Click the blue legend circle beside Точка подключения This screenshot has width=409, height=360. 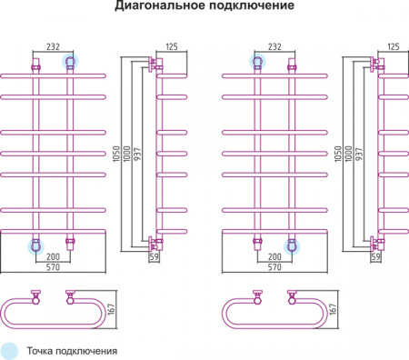pyautogui.click(x=10, y=350)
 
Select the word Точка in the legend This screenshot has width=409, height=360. pyautogui.click(x=44, y=350)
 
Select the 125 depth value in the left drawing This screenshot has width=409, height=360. pyautogui.click(x=171, y=46)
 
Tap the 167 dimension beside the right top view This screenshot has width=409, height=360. pyautogui.click(x=334, y=310)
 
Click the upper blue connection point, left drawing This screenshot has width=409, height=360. pyautogui.click(x=70, y=62)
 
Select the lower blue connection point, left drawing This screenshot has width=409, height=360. pyautogui.click(x=36, y=245)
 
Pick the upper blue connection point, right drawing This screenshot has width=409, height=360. pyautogui.click(x=257, y=62)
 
